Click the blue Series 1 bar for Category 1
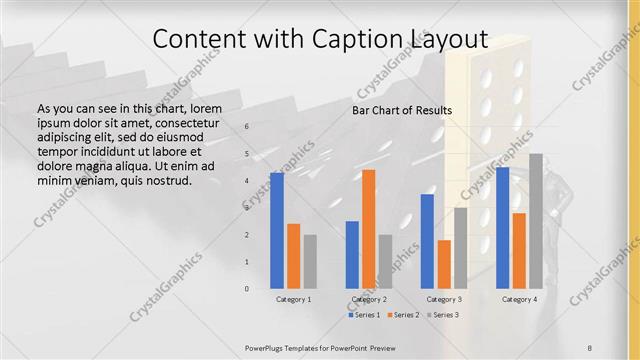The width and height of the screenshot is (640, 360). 277,230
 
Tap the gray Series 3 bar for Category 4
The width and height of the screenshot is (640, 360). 536,221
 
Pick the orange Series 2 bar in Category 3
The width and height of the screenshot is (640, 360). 444,264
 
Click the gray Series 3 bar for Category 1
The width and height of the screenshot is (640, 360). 310,261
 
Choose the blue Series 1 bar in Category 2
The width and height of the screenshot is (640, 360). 352,254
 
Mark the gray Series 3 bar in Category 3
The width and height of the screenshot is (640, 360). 460,247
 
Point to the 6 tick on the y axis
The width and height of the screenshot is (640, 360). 247,127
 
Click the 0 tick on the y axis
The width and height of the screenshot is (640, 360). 247,288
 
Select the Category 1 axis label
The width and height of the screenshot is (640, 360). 293,299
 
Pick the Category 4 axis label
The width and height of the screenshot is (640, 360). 519,299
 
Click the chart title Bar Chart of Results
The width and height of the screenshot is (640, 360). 402,110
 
